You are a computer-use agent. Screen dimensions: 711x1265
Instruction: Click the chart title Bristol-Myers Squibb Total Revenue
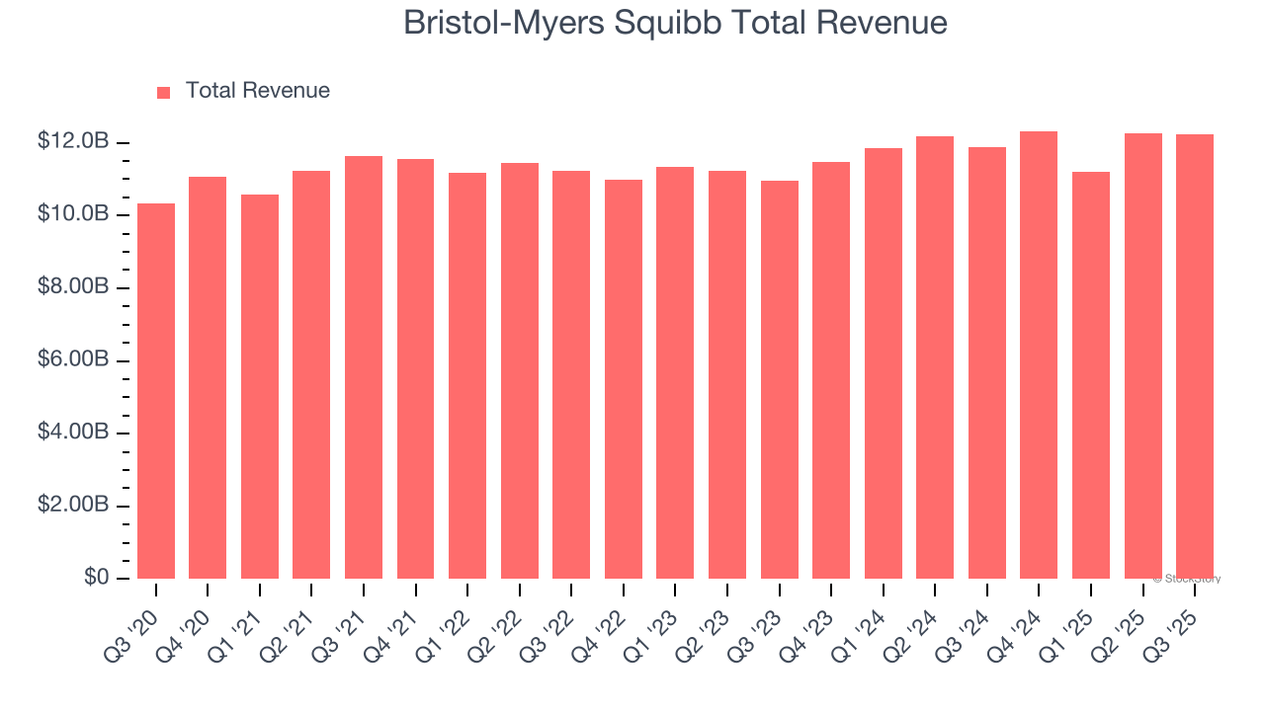tap(675, 23)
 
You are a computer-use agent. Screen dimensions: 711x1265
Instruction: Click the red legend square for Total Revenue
tap(164, 92)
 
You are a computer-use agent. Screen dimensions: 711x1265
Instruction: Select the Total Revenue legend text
tap(257, 91)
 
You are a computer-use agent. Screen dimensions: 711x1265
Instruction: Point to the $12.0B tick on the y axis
tap(73, 142)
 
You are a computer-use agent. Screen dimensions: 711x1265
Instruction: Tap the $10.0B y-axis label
tap(73, 215)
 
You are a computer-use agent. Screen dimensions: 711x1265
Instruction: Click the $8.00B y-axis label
tap(73, 287)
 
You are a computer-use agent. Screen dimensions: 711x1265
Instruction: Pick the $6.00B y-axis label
tap(73, 360)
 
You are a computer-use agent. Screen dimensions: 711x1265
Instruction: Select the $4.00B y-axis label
tap(73, 433)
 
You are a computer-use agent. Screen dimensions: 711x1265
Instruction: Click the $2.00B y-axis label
tap(73, 506)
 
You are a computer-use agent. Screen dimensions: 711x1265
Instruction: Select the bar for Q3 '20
tap(156, 391)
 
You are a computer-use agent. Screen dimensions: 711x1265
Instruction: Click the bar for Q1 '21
tap(260, 386)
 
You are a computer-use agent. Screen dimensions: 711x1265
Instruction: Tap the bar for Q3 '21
tap(364, 367)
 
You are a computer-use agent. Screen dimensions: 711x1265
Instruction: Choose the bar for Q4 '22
tap(623, 379)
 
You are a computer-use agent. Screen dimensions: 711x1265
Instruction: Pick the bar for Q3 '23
tap(779, 379)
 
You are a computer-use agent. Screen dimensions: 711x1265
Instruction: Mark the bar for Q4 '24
tap(1039, 355)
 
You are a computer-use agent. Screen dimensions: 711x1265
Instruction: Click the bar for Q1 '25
tap(1090, 375)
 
